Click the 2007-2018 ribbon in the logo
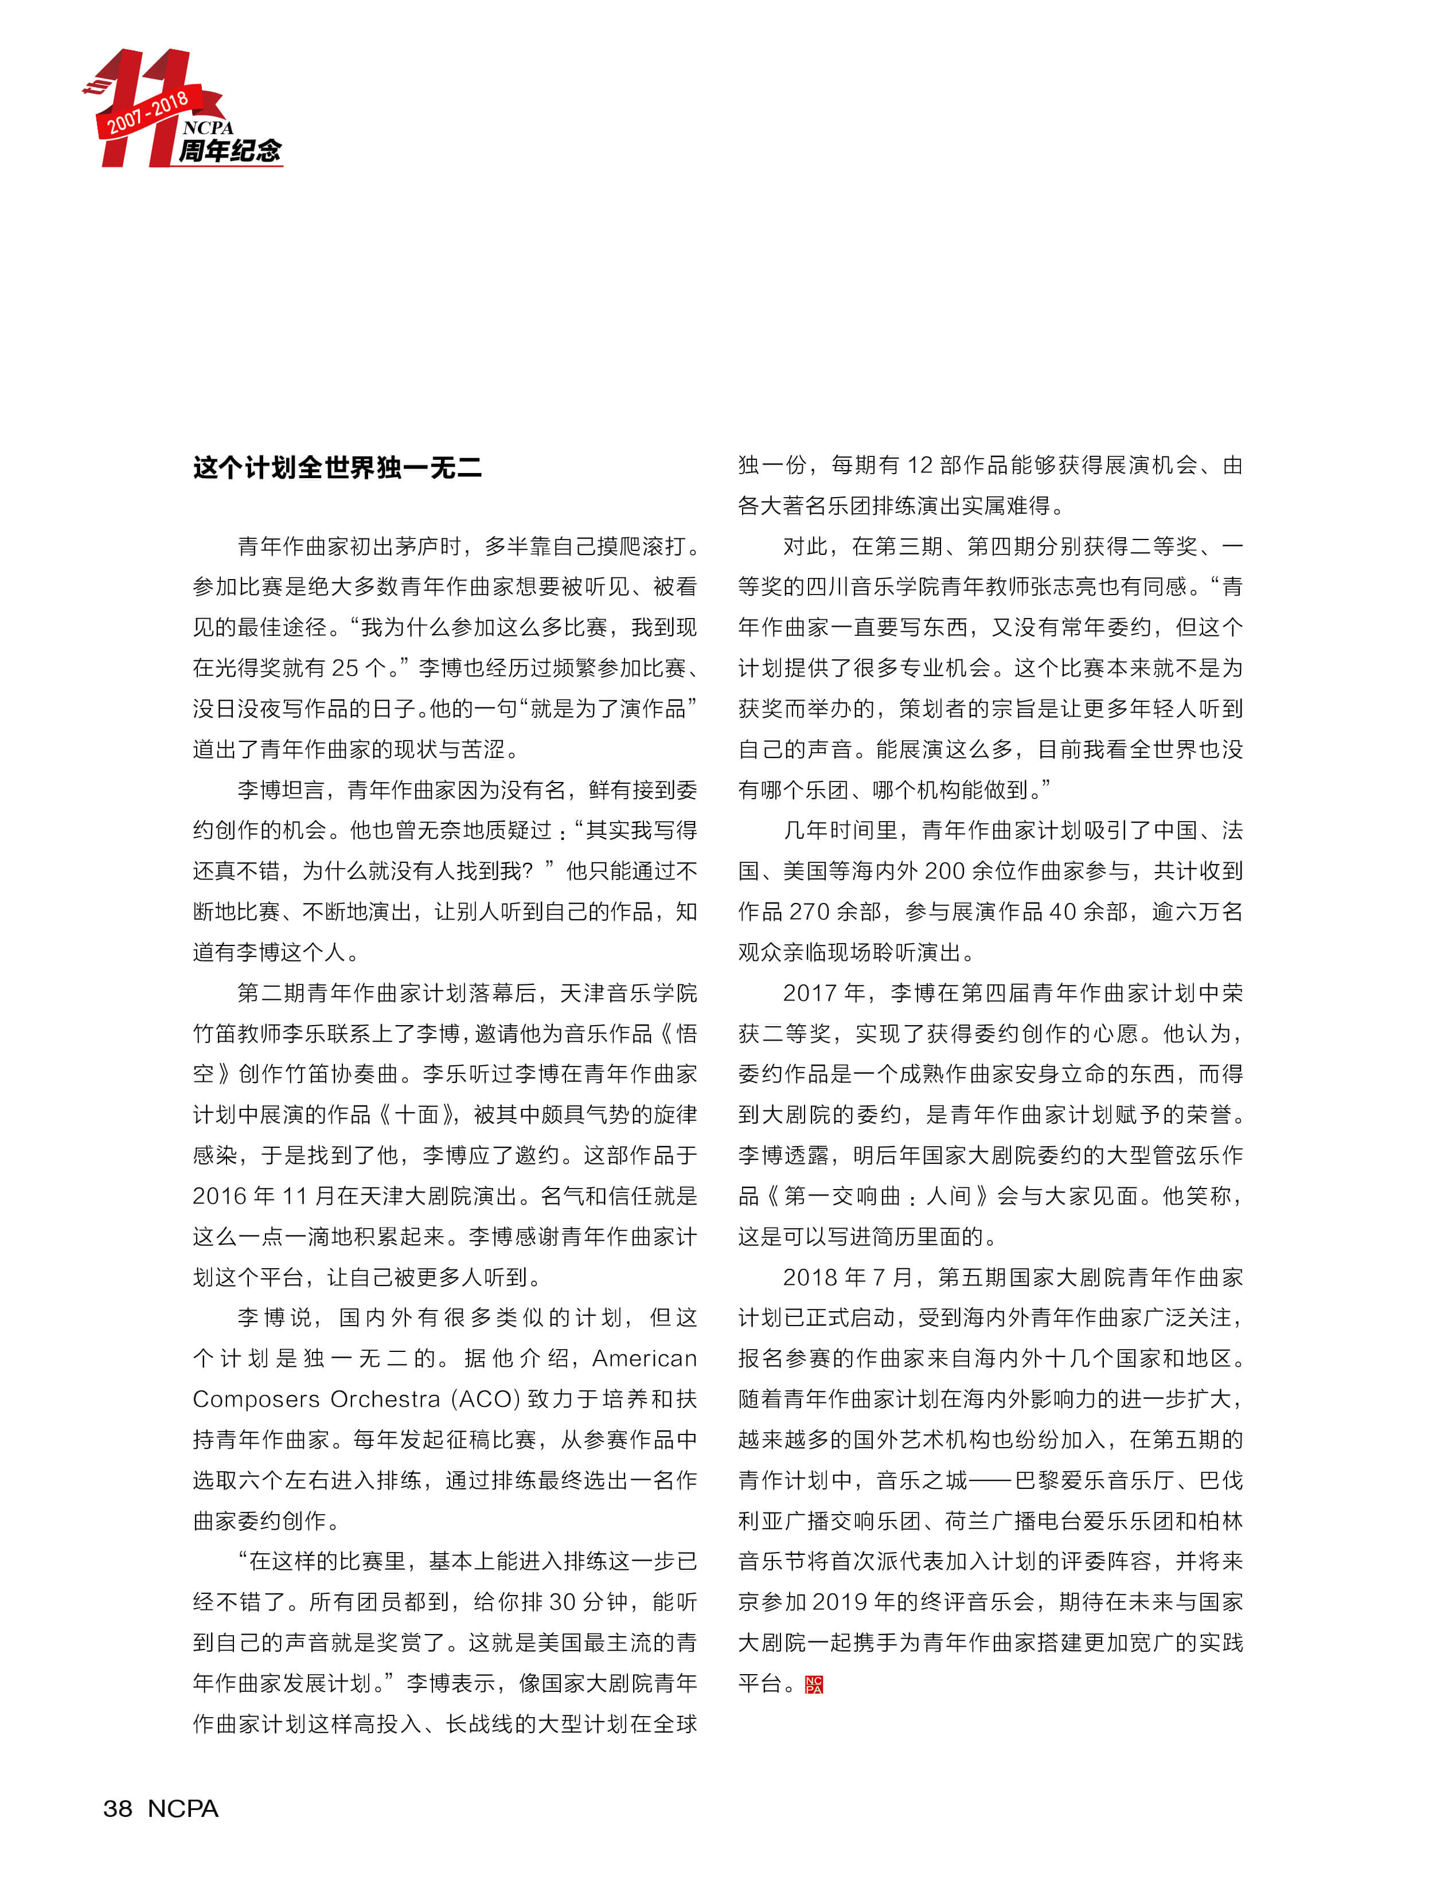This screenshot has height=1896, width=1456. coord(147,112)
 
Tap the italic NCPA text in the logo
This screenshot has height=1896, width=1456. coord(208,127)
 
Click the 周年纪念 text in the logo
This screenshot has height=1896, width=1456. coord(229,151)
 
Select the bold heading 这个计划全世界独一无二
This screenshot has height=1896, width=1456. coord(337,468)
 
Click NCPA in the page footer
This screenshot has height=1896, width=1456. coord(183,1808)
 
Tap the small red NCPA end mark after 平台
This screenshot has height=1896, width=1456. coord(814,1684)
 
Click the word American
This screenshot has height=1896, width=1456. coord(644,1358)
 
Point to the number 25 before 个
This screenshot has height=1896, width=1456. coord(345,668)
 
